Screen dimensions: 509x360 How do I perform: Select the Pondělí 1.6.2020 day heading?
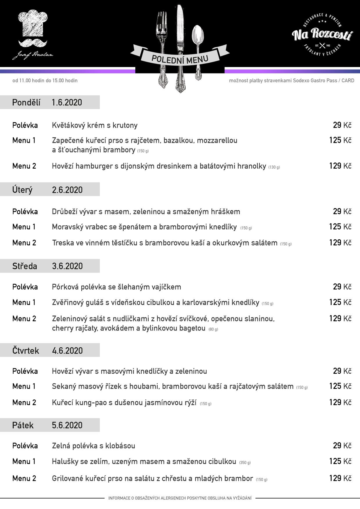[x=47, y=102]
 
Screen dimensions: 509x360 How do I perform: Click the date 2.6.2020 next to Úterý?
[x=67, y=190]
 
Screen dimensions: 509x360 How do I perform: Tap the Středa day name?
[x=25, y=266]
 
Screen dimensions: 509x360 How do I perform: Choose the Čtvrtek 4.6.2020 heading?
[x=47, y=351]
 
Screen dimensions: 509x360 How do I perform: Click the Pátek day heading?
[x=23, y=425]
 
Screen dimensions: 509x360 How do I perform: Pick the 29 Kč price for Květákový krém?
[x=342, y=125]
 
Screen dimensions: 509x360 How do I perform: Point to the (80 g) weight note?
[x=213, y=329]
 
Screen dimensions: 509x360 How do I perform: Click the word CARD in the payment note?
[x=348, y=81]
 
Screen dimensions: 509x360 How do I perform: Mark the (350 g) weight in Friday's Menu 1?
[x=245, y=463]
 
